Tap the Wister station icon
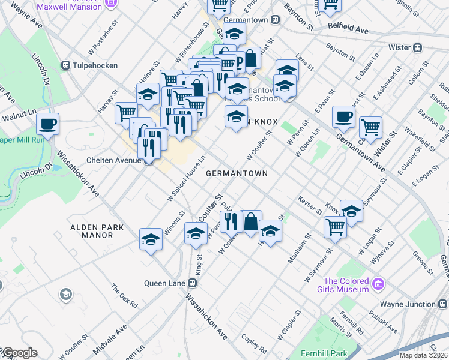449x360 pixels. (x=418, y=47)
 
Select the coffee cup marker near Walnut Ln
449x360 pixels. (x=47, y=124)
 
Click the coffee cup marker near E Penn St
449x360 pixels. (x=344, y=116)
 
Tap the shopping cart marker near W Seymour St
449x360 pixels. (x=335, y=227)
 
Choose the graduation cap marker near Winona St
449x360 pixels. (x=151, y=239)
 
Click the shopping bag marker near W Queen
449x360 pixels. (x=252, y=221)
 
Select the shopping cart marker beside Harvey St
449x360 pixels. (x=127, y=112)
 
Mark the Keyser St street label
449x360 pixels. (x=310, y=203)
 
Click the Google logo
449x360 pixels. (x=19, y=353)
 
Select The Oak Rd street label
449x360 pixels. (x=125, y=295)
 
